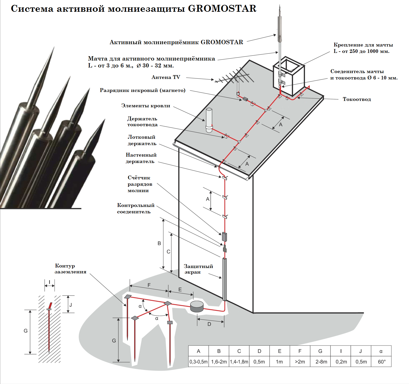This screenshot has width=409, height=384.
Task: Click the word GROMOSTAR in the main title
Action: pyautogui.click(x=222, y=8)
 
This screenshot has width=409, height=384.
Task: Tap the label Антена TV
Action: pyautogui.click(x=166, y=77)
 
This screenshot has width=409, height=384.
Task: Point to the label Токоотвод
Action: pyautogui.click(x=357, y=99)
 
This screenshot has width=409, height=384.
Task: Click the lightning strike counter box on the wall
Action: pyautogui.click(x=224, y=237)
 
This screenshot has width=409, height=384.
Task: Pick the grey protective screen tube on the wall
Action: pyautogui.click(x=224, y=279)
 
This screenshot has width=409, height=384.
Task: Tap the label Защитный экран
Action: pyautogui.click(x=198, y=269)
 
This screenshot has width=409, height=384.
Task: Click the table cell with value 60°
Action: pyautogui.click(x=381, y=362)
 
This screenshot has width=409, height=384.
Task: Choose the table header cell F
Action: pyautogui.click(x=300, y=351)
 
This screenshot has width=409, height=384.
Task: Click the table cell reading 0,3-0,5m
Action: pyautogui.click(x=199, y=362)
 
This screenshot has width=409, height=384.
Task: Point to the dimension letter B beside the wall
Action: pyautogui.click(x=159, y=243)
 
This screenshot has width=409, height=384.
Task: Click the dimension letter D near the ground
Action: pyautogui.click(x=209, y=324)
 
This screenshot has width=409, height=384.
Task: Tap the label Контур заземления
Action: pyautogui.click(x=70, y=269)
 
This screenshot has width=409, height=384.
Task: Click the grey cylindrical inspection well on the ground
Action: pyautogui.click(x=197, y=306)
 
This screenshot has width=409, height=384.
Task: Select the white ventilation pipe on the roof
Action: pyautogui.click(x=209, y=120)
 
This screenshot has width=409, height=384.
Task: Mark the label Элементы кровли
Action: pyautogui.click(x=146, y=106)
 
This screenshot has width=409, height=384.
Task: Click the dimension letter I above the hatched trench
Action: pyautogui.click(x=50, y=283)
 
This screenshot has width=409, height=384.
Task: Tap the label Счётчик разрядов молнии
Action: pyautogui.click(x=140, y=184)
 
